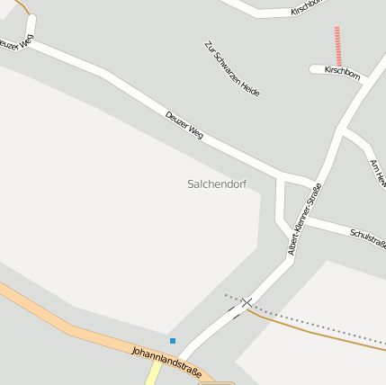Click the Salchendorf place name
[x=217, y=184]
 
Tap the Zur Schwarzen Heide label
[x=232, y=67]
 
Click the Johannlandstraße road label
[x=166, y=362]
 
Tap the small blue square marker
[x=173, y=340]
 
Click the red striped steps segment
[x=337, y=46]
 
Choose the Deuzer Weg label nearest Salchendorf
[x=184, y=125]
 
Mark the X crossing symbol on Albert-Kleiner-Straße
[x=246, y=303]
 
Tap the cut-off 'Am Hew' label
[x=378, y=173]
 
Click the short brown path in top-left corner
[x=23, y=8]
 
